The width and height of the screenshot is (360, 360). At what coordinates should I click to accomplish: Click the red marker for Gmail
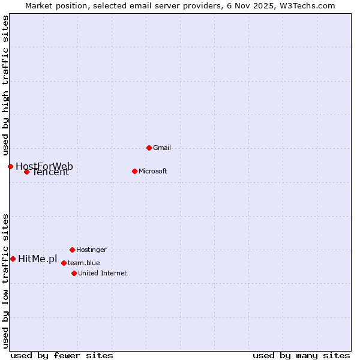[x=149, y=148]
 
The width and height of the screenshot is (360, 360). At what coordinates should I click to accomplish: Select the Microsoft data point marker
[x=134, y=171]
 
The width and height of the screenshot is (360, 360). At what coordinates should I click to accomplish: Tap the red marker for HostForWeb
[x=10, y=166]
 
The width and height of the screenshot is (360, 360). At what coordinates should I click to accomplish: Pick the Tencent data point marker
[x=26, y=172]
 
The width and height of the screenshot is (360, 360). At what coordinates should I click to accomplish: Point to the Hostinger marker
[x=72, y=250]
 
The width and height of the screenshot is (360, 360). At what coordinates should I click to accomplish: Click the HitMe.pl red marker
[x=13, y=259]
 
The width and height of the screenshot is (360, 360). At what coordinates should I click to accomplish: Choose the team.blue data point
[x=64, y=263]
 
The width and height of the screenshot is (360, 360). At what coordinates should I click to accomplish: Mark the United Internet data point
[x=74, y=273]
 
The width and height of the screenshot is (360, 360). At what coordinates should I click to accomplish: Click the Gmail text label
[x=162, y=148]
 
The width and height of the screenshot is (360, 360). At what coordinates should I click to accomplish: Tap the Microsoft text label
[x=152, y=171]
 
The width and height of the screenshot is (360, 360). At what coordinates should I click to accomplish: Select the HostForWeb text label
[x=44, y=166]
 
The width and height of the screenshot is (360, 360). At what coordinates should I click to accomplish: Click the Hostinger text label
[x=91, y=250]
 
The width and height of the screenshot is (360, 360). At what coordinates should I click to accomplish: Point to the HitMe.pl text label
[x=37, y=259]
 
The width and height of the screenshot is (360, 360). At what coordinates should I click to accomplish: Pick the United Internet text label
[x=102, y=273]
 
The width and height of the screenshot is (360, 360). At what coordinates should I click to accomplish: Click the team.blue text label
[x=83, y=263]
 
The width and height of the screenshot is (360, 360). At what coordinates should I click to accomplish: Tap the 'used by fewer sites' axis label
[x=62, y=355]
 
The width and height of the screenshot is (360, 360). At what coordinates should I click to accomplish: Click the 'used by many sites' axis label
[x=301, y=355]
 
